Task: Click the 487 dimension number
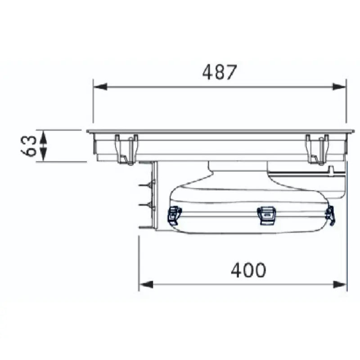click(219, 72)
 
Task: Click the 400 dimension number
click(248, 270)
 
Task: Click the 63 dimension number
click(29, 146)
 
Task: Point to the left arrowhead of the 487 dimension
click(100, 87)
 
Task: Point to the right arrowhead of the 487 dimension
click(339, 87)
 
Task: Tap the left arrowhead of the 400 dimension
click(146, 284)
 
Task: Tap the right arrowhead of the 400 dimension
click(340, 284)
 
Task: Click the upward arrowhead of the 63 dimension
click(43, 137)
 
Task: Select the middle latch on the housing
click(266, 215)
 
